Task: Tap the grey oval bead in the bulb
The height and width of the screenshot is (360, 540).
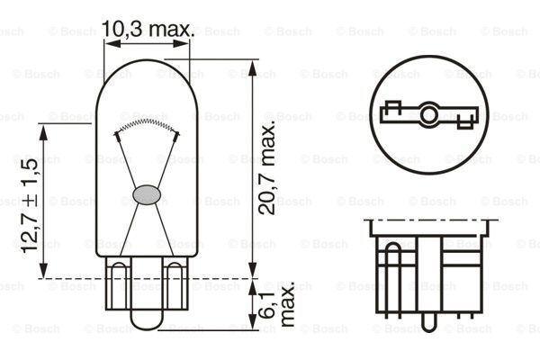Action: point(145,193)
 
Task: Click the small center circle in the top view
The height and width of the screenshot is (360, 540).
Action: point(428,114)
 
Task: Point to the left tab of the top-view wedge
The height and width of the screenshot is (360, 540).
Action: point(389,113)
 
